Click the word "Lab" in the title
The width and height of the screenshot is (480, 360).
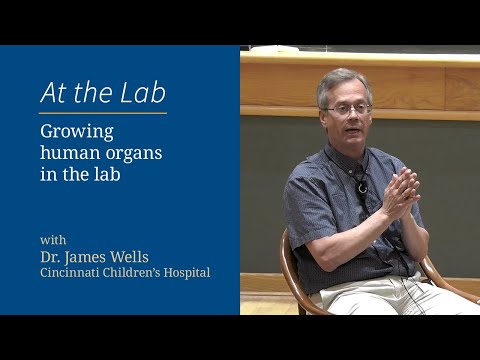pos(143,93)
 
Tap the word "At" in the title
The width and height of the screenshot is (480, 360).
pos(54,93)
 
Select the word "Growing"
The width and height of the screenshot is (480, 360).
pos(76,132)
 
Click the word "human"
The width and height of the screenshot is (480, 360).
pos(69,154)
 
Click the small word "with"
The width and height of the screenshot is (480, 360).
pos(54,239)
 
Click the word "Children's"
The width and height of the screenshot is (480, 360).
pos(131,273)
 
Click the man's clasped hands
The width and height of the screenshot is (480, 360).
pos(399,189)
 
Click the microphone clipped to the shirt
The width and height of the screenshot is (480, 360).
pos(362,186)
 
